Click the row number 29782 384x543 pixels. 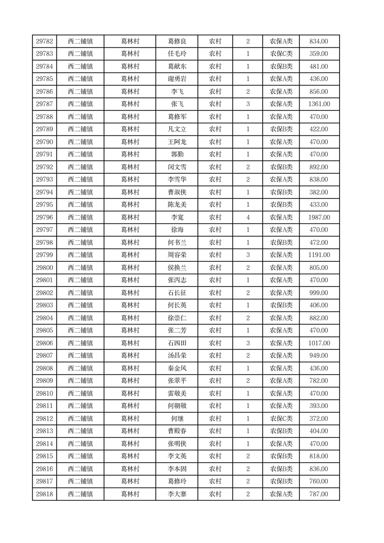point(44,41)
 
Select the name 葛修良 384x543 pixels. point(177,41)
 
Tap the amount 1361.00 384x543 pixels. point(319,104)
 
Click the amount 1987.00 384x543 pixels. point(319,217)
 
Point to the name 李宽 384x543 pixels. point(177,217)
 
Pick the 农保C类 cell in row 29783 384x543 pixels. point(281,54)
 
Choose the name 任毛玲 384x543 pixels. point(177,54)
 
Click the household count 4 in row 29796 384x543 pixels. point(248,217)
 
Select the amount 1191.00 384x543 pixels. point(319,255)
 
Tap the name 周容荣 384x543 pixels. point(177,255)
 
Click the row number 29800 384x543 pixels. point(44,268)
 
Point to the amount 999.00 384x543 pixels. point(319,293)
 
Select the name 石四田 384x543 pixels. point(177,343)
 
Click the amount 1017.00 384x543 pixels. point(319,343)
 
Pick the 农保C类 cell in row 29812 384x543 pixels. point(281,419)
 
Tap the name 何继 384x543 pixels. point(177,419)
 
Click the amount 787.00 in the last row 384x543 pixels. point(319,494)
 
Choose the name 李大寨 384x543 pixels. point(177,494)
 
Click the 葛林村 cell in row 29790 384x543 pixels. point(130,142)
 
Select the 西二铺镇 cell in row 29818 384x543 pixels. point(80,494)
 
